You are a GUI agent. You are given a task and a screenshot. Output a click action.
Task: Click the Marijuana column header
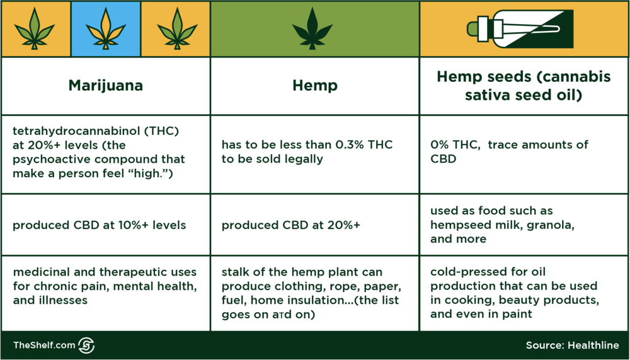tap(106, 86)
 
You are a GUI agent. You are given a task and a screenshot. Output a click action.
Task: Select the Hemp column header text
tap(315, 86)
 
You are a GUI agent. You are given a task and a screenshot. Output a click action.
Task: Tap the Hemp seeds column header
tap(524, 86)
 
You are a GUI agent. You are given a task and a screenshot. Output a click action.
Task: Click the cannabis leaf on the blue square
tap(106, 29)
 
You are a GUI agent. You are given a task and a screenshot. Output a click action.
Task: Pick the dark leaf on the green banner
tap(312, 29)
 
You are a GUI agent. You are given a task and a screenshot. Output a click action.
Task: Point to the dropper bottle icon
tap(520, 29)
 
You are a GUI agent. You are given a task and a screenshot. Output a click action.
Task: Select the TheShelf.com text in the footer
tap(44, 345)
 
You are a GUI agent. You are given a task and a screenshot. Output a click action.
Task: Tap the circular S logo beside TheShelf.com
tap(86, 345)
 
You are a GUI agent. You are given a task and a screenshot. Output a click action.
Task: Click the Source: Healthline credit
tap(572, 345)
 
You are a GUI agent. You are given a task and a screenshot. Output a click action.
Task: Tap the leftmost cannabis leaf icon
tap(35, 29)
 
